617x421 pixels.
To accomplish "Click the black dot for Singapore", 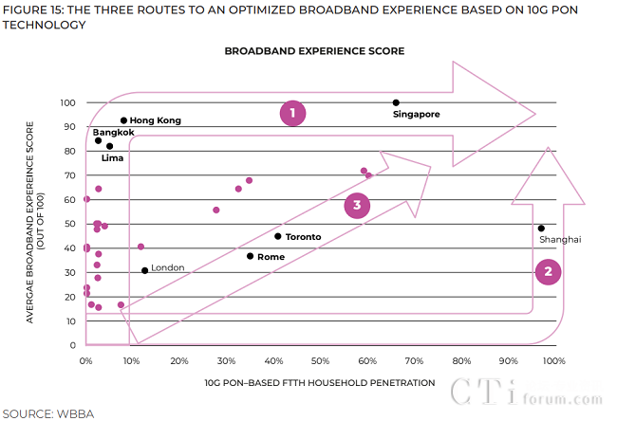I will coord(396,102).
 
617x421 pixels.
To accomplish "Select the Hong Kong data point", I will coord(123,120).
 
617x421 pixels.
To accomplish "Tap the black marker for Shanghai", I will coord(541,228).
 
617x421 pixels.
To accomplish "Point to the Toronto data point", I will coord(278,236).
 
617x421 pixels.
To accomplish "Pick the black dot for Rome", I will coord(251,256).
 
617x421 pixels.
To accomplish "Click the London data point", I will coord(145,270).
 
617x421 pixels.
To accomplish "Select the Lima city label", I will coord(113,158).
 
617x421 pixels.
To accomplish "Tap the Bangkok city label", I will coord(113,133).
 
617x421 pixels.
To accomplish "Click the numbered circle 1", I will coord(293,113).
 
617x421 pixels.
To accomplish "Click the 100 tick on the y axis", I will coord(67,102).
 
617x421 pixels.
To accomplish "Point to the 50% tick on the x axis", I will coord(320,361).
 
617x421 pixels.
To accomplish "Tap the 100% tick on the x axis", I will coord(553,361).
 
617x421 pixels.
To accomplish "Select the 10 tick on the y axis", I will coord(70,320).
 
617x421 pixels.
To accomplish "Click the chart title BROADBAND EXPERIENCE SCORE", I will coord(314,50).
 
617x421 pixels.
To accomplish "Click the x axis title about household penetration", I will coord(319,383).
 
